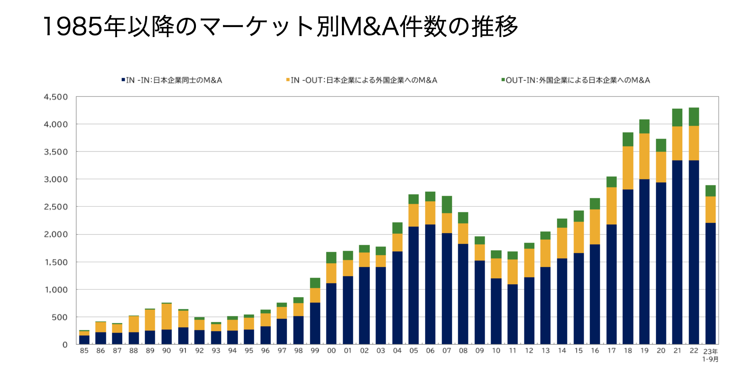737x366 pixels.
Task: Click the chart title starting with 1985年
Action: point(280,27)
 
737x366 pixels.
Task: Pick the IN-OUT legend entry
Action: point(361,80)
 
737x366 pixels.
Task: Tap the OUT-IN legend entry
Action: point(576,80)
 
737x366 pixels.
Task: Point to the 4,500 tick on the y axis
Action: point(56,97)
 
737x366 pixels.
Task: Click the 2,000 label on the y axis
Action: point(56,235)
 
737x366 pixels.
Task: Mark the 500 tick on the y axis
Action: point(59,317)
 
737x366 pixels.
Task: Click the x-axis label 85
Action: point(84,351)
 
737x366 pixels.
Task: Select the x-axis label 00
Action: point(331,351)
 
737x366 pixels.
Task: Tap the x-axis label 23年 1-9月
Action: point(710,355)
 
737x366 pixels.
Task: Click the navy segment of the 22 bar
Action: point(694,252)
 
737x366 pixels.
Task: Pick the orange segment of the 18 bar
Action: point(628,168)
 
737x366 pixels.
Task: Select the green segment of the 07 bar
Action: point(447,204)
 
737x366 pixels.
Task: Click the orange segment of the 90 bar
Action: point(167,316)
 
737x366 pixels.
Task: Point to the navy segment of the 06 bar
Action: point(430,284)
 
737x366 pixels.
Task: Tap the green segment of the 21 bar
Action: point(677,118)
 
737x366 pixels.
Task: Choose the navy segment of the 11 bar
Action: point(512,314)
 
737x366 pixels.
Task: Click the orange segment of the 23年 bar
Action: point(710,209)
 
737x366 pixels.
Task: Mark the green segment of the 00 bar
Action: point(331,258)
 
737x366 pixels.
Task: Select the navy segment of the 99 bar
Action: point(315,323)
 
